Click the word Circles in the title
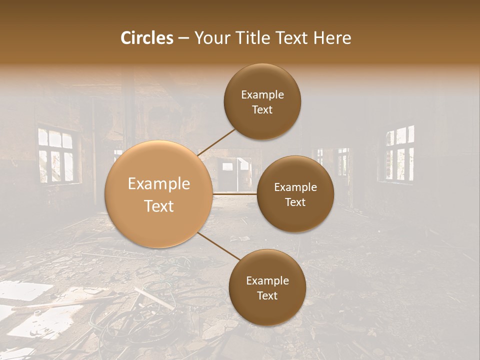pyautogui.click(x=147, y=38)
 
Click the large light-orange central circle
pyautogui.click(x=159, y=194)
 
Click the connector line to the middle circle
pyautogui.click(x=235, y=193)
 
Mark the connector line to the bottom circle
pyautogui.click(x=218, y=246)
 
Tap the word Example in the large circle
pyautogui.click(x=159, y=184)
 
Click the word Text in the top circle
pyautogui.click(x=262, y=110)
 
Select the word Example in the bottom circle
pyautogui.click(x=267, y=280)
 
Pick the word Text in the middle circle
pyautogui.click(x=295, y=202)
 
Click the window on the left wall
pyautogui.click(x=55, y=155)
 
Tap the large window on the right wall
pyautogui.click(x=400, y=153)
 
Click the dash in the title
pyautogui.click(x=183, y=38)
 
